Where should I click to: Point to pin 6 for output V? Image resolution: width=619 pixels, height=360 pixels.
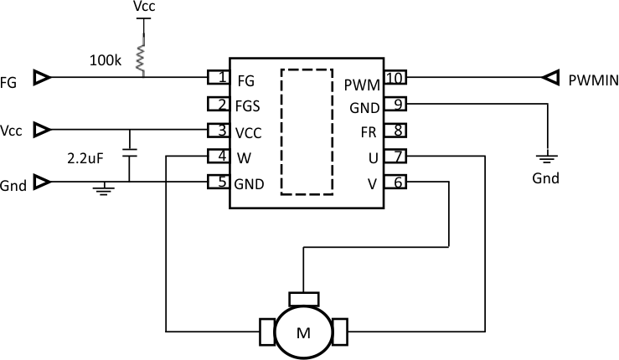point(395,182)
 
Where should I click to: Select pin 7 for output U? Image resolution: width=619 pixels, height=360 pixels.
point(395,156)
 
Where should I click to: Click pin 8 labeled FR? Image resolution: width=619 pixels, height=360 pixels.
point(395,131)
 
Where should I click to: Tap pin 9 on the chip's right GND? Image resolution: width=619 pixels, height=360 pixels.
point(395,105)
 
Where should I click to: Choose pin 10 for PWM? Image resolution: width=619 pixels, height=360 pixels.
point(395,79)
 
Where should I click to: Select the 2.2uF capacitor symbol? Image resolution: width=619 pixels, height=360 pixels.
point(129,155)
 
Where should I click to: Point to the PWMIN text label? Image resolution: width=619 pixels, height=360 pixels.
point(592,80)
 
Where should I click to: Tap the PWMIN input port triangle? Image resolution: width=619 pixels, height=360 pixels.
point(550,79)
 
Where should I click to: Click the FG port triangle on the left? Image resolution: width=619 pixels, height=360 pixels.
point(41,79)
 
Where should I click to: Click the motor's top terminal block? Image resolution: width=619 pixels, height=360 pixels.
point(302,298)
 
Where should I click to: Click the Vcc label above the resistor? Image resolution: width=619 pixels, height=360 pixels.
point(144,8)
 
